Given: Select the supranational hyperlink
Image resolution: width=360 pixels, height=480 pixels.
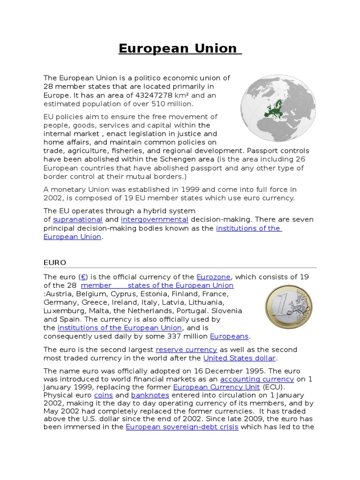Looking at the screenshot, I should pyautogui.click(x=78, y=219).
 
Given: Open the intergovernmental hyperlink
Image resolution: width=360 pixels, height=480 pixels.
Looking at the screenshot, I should pyautogui.click(x=154, y=219).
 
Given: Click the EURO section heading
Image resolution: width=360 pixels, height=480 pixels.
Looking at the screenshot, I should pyautogui.click(x=55, y=262).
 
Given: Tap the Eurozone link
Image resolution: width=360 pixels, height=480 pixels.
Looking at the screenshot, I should pyautogui.click(x=214, y=277).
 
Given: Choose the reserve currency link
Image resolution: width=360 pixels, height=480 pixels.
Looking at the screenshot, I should pyautogui.click(x=187, y=349).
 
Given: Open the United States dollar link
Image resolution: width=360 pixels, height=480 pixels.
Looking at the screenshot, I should pyautogui.click(x=239, y=358).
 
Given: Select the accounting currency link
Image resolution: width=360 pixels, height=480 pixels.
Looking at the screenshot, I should pyautogui.click(x=257, y=379).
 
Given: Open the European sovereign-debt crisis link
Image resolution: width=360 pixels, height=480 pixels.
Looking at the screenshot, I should pyautogui.click(x=182, y=427).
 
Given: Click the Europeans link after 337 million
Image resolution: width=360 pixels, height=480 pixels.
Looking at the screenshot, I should pyautogui.click(x=230, y=336).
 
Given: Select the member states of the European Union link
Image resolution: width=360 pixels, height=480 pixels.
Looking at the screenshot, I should pyautogui.click(x=157, y=285).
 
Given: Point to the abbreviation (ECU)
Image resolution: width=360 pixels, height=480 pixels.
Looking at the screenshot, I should pyautogui.click(x=272, y=387).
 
